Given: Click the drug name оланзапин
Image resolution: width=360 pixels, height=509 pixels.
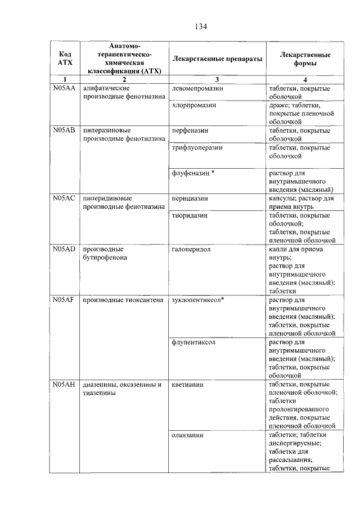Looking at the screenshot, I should (188, 435).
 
